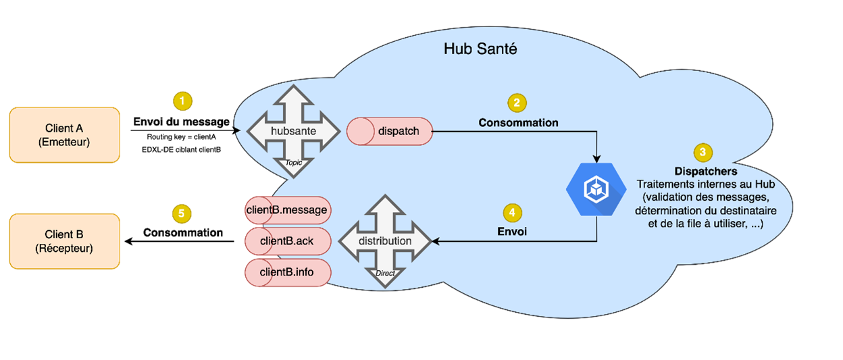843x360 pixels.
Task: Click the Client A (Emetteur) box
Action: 64,135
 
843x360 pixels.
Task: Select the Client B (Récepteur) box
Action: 64,241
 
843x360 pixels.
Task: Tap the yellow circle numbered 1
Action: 182,102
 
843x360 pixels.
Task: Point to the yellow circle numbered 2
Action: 517,103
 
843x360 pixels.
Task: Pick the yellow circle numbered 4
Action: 513,212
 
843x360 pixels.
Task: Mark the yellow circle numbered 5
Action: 182,214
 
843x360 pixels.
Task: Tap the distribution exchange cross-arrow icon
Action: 384,240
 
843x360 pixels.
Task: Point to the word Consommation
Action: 518,123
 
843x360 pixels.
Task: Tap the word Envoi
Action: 513,231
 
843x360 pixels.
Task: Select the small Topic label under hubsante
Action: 293,162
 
